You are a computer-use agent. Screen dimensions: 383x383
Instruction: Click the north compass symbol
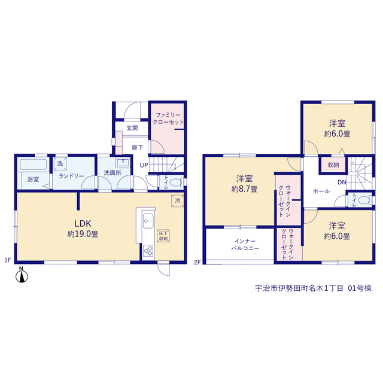tap(22, 275)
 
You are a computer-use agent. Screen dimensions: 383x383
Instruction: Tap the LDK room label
tap(83, 223)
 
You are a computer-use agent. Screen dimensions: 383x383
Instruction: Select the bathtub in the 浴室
tap(34, 165)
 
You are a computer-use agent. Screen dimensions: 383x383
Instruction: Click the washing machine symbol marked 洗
tap(60, 163)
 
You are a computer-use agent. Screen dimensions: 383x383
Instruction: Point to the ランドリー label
tap(71, 176)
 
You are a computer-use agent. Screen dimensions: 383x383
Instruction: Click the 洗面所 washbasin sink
tap(123, 163)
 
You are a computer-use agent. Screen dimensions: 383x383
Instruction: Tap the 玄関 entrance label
tap(132, 128)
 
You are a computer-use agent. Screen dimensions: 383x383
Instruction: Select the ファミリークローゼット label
tap(168, 118)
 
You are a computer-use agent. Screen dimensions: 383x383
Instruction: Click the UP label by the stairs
tap(144, 165)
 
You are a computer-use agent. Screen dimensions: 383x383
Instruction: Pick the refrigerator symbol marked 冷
tap(178, 201)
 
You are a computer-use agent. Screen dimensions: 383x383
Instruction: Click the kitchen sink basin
tap(148, 221)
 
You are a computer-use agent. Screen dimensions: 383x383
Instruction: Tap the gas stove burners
tap(148, 251)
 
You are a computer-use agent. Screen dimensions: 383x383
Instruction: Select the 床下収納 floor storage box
tap(163, 236)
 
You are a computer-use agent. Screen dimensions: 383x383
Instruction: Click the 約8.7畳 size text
tap(244, 189)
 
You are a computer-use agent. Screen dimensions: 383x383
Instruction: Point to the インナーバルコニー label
tap(245, 245)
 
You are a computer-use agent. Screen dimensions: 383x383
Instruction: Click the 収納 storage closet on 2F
tap(333, 165)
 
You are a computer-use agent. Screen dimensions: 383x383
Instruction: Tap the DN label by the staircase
tap(342, 182)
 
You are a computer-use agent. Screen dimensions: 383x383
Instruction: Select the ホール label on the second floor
tap(321, 191)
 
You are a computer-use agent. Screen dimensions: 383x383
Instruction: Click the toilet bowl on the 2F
tap(364, 200)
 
